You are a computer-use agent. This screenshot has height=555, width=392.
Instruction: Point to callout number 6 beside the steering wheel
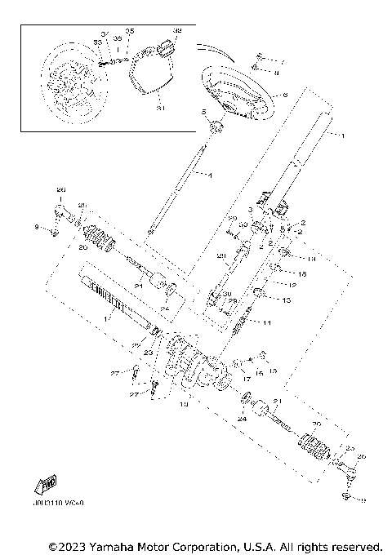click(285, 95)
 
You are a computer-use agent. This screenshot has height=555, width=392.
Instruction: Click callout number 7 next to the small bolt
click(283, 62)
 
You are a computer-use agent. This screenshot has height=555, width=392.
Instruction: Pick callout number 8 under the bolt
click(277, 73)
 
